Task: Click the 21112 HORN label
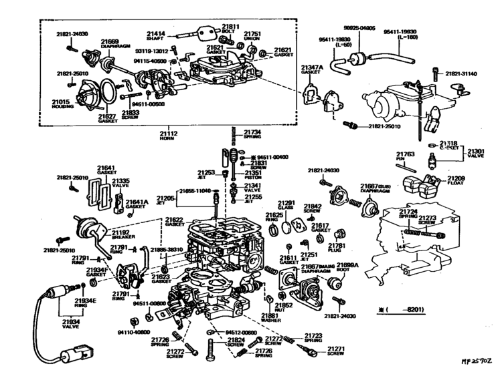[168, 136]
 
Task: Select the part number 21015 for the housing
[61, 102]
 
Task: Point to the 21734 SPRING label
[252, 134]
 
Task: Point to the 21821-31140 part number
[463, 74]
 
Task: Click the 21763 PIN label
[406, 157]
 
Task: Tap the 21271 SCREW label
[335, 351]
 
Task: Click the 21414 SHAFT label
[156, 34]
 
